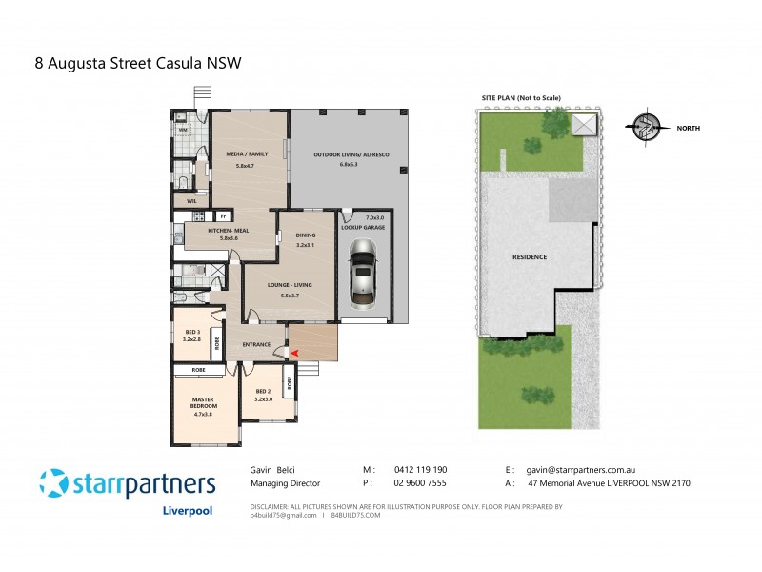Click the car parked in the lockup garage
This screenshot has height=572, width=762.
coord(363,271)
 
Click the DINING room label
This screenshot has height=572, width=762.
coord(304,239)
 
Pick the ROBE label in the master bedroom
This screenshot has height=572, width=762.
coord(199,368)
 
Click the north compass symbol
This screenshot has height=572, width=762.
coord(647,126)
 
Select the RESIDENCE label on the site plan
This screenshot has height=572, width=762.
coord(529,257)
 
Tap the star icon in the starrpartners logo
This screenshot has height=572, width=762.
coord(55,482)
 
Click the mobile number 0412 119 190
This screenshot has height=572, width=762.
coord(419,470)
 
